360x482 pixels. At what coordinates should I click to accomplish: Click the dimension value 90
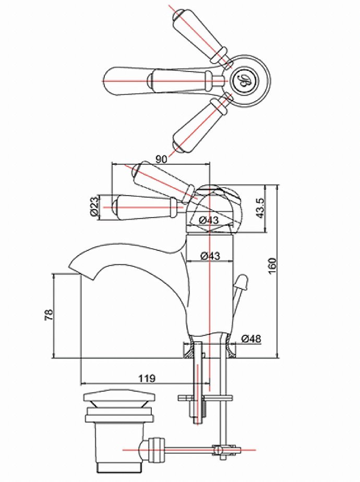pyautogui.click(x=161, y=159)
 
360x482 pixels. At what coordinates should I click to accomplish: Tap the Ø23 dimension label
pyautogui.click(x=95, y=207)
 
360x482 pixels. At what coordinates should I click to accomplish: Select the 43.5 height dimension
pyautogui.click(x=260, y=209)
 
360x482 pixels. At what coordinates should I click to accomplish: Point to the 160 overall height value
pyautogui.click(x=272, y=266)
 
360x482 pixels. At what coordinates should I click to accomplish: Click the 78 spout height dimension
pyautogui.click(x=49, y=315)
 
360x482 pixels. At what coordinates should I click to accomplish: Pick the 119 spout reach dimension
pyautogui.click(x=146, y=378)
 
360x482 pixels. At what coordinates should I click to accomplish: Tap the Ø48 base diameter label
pyautogui.click(x=251, y=339)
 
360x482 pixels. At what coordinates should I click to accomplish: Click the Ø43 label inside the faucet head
pyautogui.click(x=209, y=220)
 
